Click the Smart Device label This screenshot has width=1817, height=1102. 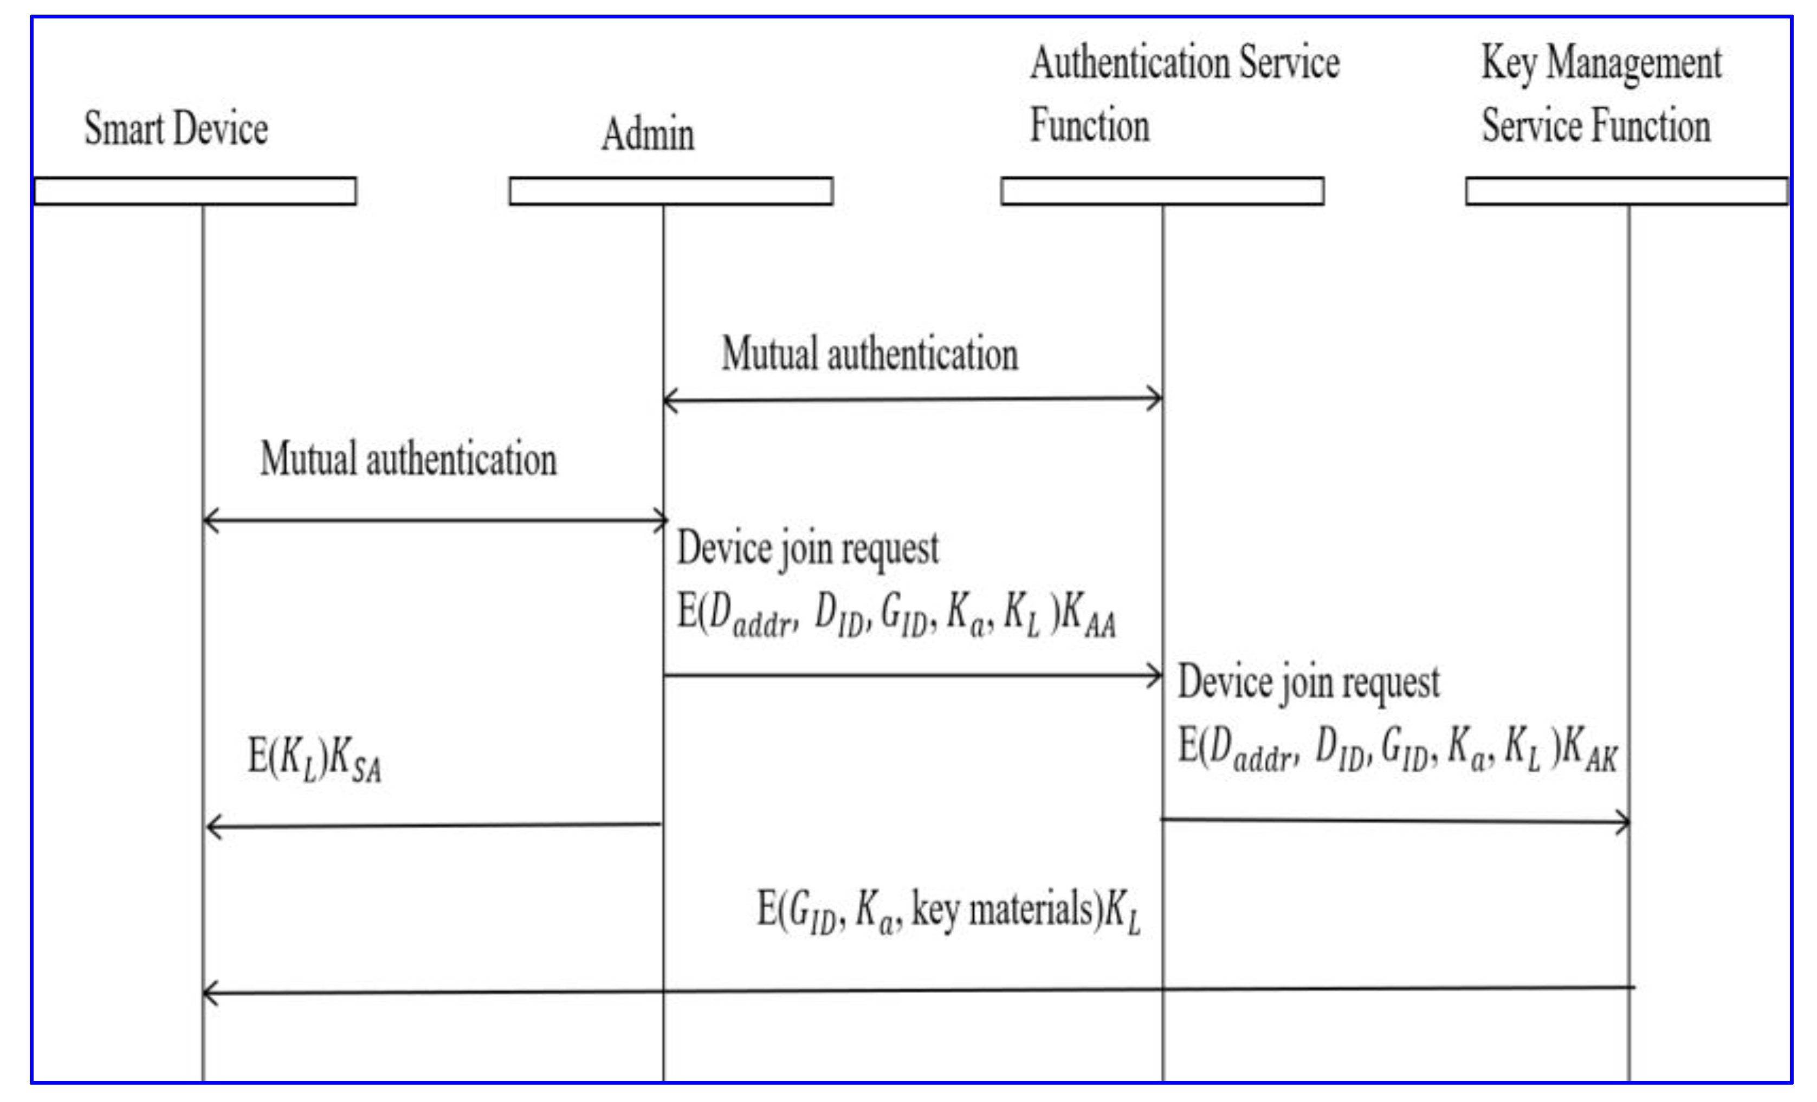click(176, 128)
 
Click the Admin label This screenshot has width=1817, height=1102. click(648, 134)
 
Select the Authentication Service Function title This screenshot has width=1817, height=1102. click(1184, 94)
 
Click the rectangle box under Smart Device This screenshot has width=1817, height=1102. click(196, 191)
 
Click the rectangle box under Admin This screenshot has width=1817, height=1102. click(671, 191)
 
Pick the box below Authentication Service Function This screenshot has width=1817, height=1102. click(1162, 191)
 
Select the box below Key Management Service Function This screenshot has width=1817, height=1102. click(1627, 191)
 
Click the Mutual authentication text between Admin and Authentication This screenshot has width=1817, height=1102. click(869, 353)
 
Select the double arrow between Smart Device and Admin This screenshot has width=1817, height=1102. click(435, 521)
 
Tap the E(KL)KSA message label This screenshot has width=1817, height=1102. click(314, 760)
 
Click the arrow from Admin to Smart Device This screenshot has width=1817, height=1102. click(434, 826)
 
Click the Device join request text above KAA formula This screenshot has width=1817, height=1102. click(807, 549)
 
